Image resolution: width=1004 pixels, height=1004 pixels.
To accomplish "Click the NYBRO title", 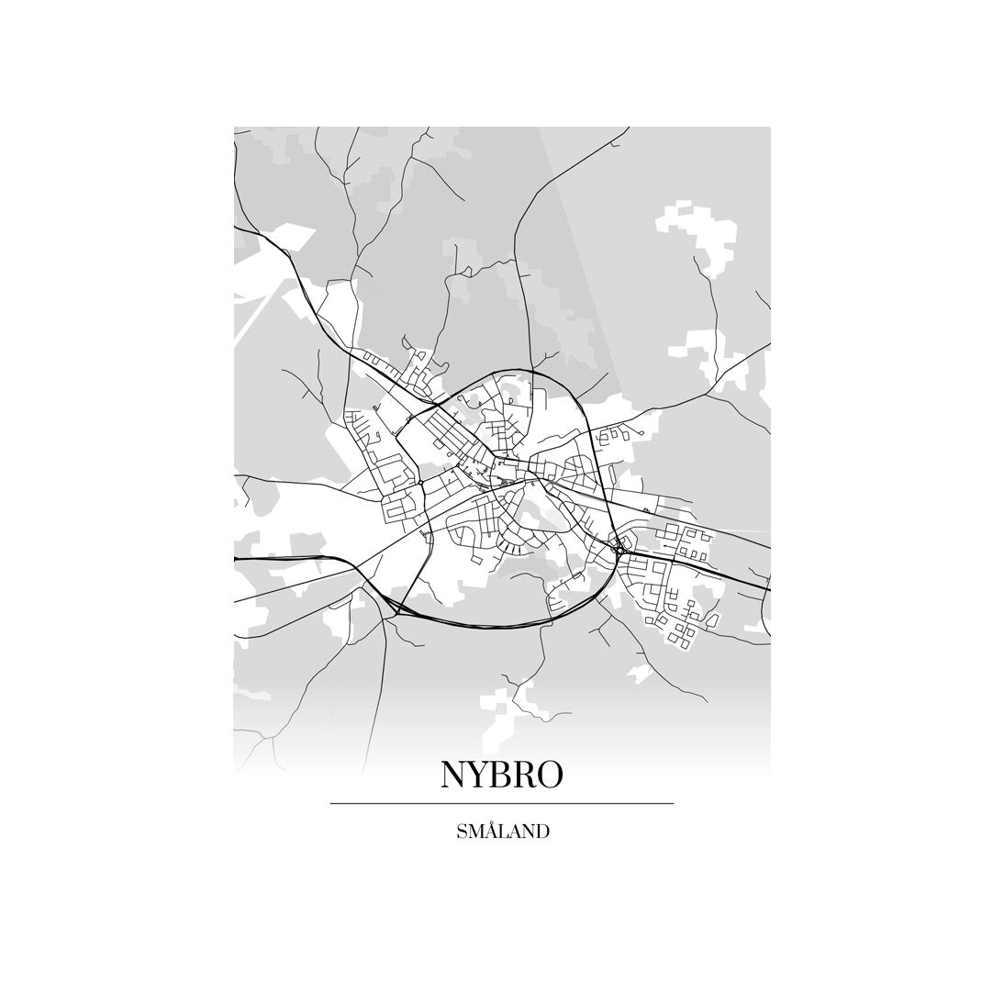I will (x=501, y=775).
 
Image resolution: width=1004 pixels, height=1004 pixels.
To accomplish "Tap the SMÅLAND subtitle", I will (x=502, y=832).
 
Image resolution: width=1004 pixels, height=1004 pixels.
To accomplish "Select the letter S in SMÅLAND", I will (x=461, y=832).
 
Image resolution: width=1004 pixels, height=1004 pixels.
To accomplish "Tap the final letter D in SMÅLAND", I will (x=543, y=832).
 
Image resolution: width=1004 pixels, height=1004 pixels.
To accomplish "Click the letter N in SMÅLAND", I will (x=529, y=832).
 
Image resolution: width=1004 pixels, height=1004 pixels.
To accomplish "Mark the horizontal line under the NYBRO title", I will (x=501, y=804).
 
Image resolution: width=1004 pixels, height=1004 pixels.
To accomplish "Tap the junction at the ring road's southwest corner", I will (x=396, y=606).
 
